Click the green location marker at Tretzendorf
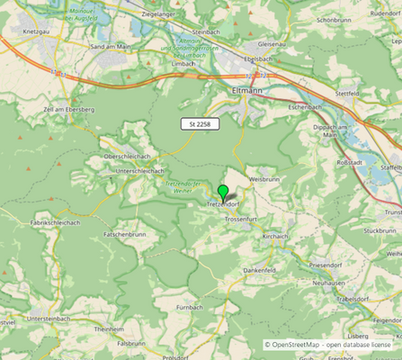[x=223, y=192]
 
